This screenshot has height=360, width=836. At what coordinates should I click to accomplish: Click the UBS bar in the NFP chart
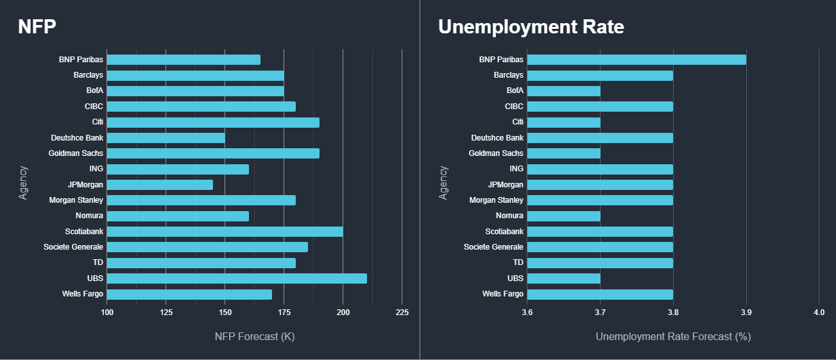(237, 279)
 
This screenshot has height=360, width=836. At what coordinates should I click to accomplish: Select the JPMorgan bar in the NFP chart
(160, 185)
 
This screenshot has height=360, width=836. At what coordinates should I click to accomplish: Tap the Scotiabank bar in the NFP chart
(225, 232)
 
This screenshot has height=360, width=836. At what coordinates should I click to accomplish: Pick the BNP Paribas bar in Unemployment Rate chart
(636, 60)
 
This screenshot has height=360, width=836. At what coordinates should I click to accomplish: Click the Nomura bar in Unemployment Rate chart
(563, 216)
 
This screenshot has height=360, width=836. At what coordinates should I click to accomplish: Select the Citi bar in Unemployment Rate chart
(563, 122)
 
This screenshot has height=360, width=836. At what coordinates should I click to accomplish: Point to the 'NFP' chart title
(37, 27)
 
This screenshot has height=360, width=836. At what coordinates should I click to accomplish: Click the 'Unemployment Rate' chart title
(531, 27)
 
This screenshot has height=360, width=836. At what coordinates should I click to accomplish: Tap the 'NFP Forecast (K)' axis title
(254, 336)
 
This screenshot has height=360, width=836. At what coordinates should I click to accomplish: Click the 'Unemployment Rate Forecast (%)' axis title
(673, 336)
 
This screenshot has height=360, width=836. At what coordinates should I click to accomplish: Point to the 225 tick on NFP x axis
(402, 312)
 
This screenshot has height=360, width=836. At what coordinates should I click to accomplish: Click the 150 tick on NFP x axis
(225, 312)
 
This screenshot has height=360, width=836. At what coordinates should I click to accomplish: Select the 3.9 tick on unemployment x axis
(746, 312)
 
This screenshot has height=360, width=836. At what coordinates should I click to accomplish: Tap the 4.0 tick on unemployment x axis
(819, 312)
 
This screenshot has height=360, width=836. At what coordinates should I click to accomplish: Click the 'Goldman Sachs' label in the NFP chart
(76, 153)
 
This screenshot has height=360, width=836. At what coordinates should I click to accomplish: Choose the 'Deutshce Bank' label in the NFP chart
(77, 138)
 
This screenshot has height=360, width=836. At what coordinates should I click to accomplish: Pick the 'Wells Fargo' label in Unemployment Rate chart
(502, 294)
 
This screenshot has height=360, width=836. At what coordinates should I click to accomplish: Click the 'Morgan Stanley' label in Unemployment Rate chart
(496, 200)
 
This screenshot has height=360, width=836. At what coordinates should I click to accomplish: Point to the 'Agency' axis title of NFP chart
(24, 183)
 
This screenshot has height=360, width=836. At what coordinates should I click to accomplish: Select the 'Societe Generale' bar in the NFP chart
(207, 247)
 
